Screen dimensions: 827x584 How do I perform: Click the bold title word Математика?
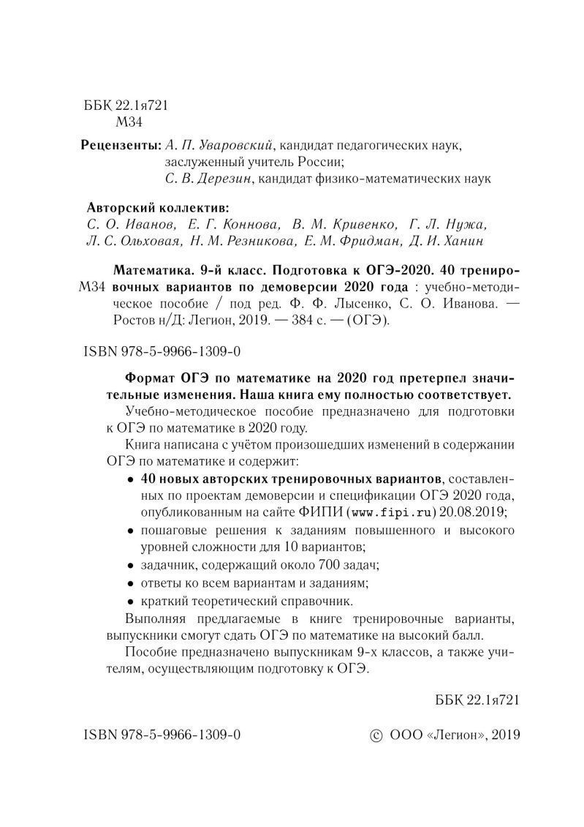tap(153, 268)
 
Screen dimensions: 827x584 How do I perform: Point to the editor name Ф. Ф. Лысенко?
tap(325, 303)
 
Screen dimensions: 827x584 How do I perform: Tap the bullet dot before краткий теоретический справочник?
tap(130, 602)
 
